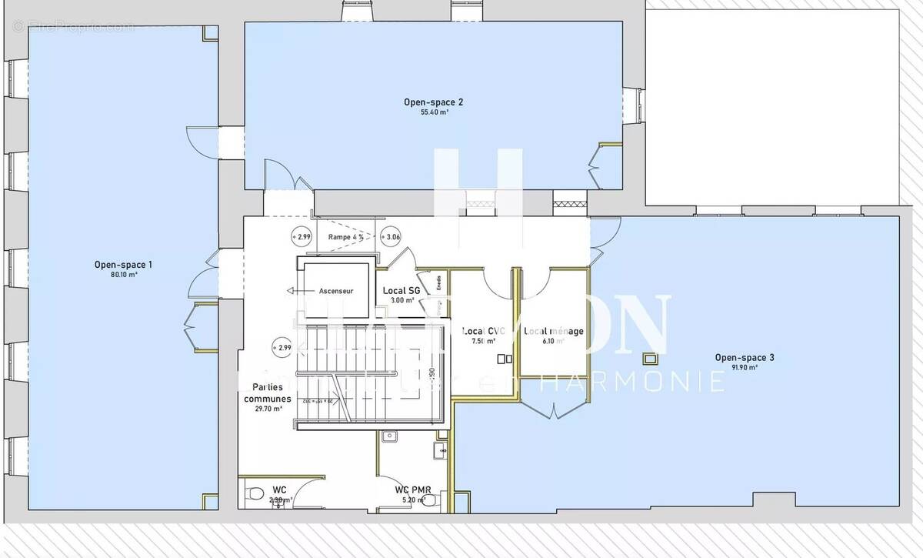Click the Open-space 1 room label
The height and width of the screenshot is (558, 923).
[x=123, y=265]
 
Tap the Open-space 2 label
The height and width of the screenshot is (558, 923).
[x=434, y=102]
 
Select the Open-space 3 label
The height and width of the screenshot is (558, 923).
[x=745, y=357]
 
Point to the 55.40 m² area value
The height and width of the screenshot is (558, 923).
[x=434, y=112]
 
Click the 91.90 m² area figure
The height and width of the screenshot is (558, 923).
[x=745, y=368]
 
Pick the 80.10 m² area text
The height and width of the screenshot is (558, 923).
[x=123, y=275]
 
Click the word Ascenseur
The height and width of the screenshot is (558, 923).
[x=336, y=291]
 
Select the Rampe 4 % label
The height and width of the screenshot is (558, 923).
[x=345, y=237]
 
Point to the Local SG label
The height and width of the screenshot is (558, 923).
[x=402, y=290]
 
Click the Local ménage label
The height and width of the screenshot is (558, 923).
[x=554, y=332]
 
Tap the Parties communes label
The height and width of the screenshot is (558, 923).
[x=268, y=393]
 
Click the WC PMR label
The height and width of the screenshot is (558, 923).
[x=413, y=490]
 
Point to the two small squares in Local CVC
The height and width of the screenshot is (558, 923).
[x=505, y=359]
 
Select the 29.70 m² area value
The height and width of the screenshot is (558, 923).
[x=268, y=409]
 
